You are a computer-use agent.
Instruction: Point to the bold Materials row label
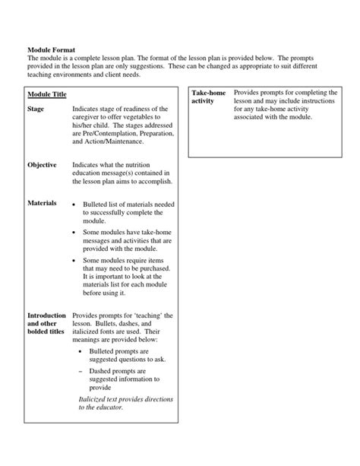[x=42, y=203]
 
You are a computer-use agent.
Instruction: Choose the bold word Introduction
[x=47, y=315]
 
